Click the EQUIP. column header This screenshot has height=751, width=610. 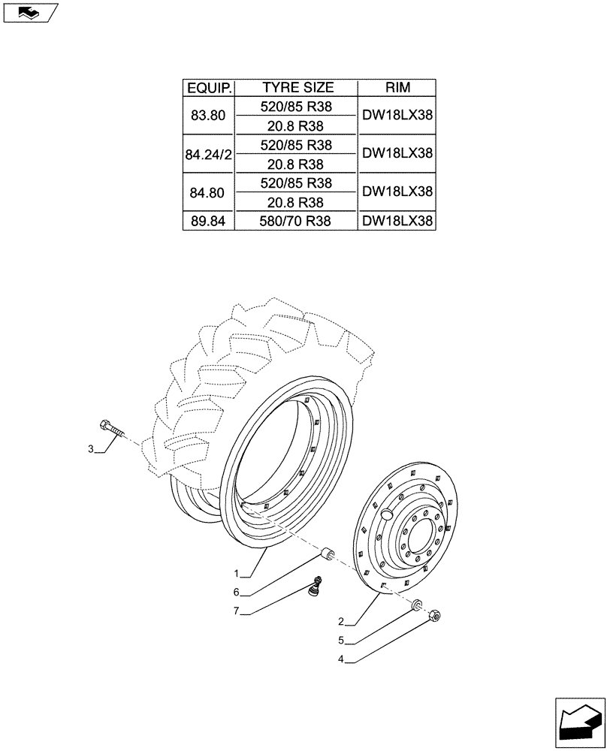[x=210, y=88]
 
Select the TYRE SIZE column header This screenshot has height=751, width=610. [x=297, y=88]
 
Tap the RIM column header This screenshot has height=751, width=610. [x=397, y=88]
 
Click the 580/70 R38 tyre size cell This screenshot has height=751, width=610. [x=297, y=221]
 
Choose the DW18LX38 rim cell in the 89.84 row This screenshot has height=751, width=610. [x=397, y=221]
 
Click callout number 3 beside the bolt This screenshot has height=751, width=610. [x=91, y=449]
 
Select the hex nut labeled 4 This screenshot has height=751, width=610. [x=435, y=617]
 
